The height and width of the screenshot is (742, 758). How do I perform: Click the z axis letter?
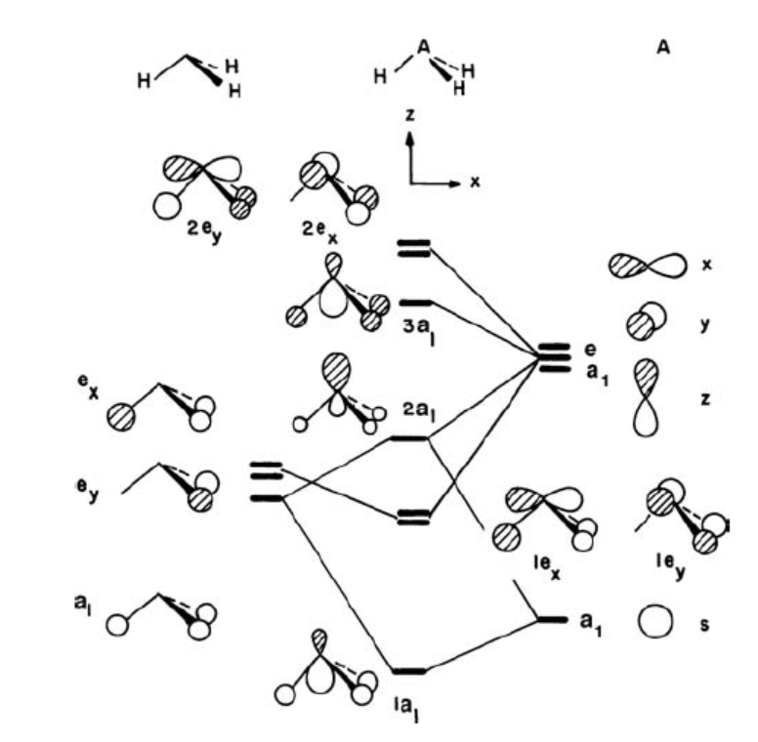411,115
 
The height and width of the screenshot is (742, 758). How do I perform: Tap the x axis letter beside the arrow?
476,182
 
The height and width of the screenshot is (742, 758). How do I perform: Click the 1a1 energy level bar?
407,672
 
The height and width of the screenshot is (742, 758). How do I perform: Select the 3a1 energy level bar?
415,303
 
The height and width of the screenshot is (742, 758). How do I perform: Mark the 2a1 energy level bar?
408,438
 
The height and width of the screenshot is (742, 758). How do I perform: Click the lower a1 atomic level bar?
553,620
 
